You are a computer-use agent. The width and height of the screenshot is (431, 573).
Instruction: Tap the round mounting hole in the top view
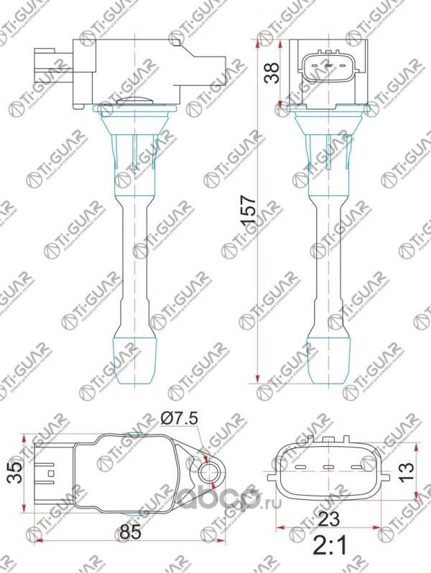click(210, 472)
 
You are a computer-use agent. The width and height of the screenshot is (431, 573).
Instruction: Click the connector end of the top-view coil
click(45, 471)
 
